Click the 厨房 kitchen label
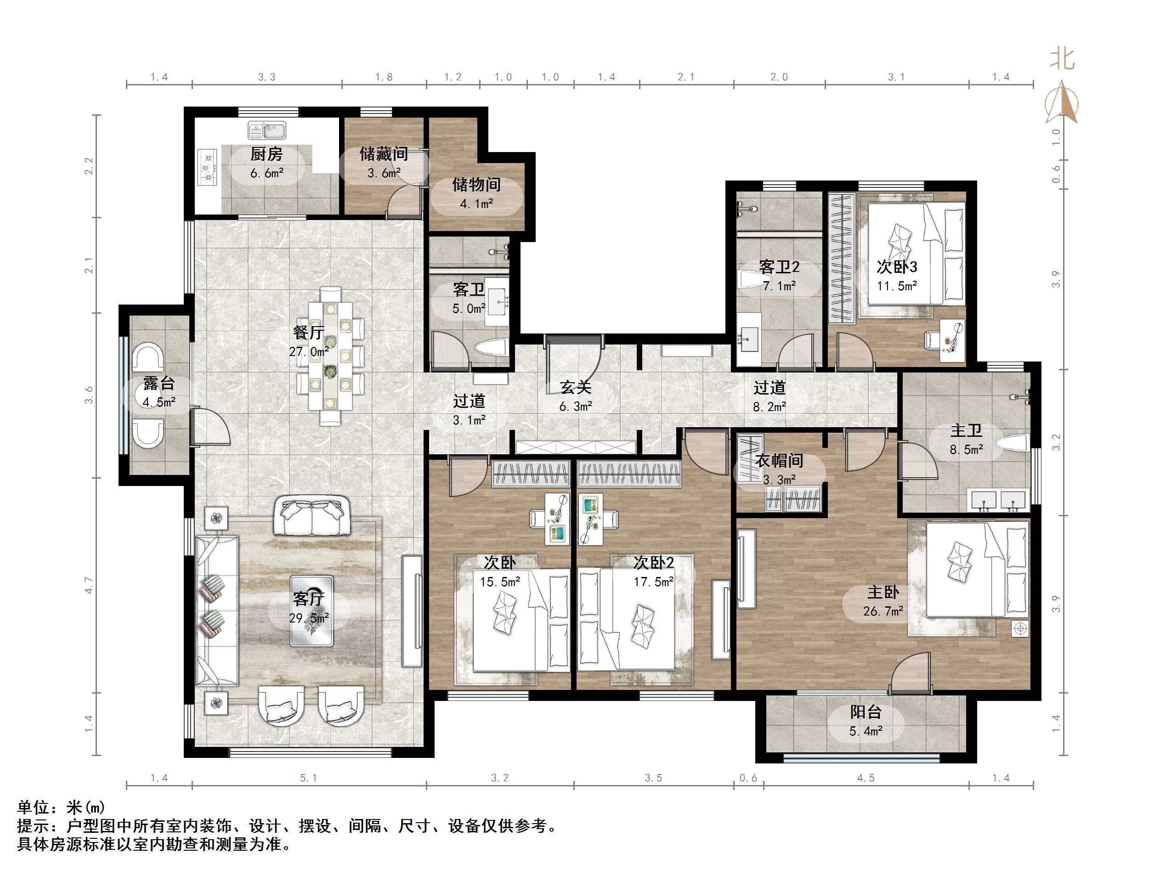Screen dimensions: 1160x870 click(266, 154)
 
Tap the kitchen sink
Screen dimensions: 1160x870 click(267, 130)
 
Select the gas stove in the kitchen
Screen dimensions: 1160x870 click(207, 167)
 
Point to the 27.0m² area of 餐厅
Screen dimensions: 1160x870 click(309, 351)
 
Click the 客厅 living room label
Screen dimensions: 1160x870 click(308, 599)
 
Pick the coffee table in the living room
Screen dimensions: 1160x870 click(312, 610)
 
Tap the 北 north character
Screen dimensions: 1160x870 click(1063, 59)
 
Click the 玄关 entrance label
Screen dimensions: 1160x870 click(576, 388)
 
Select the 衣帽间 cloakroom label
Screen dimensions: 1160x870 click(779, 460)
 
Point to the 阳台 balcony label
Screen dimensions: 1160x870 click(866, 712)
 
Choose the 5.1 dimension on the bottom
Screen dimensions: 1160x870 click(308, 778)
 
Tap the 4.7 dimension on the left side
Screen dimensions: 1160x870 click(89, 585)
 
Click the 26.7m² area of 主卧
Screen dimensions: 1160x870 click(883, 611)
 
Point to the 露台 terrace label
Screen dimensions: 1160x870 click(159, 384)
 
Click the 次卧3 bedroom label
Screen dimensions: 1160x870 click(897, 267)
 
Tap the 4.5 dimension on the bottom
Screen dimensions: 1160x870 click(866, 778)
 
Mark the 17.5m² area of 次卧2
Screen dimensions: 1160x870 click(653, 582)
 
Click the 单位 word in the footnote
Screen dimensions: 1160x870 click(34, 807)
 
